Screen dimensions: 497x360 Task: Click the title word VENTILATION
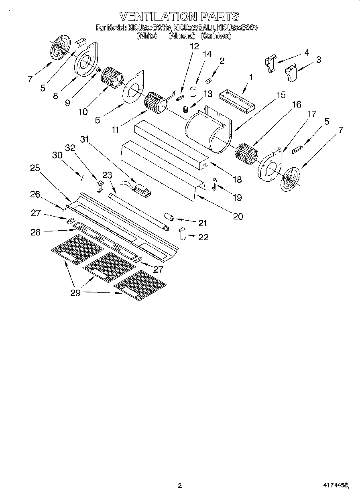click(158, 16)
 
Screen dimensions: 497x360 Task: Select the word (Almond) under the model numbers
click(181, 36)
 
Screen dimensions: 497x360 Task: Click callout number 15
click(281, 95)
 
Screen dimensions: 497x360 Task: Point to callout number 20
click(238, 216)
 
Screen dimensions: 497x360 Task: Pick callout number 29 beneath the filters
click(75, 293)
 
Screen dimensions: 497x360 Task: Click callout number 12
click(194, 46)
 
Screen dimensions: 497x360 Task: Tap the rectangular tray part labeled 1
click(237, 100)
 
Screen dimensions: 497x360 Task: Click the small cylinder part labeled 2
click(208, 81)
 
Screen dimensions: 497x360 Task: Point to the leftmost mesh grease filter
click(72, 250)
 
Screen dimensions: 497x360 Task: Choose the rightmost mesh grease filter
click(140, 285)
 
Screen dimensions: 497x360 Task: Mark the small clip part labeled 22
click(183, 233)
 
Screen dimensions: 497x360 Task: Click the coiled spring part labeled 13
click(185, 109)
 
